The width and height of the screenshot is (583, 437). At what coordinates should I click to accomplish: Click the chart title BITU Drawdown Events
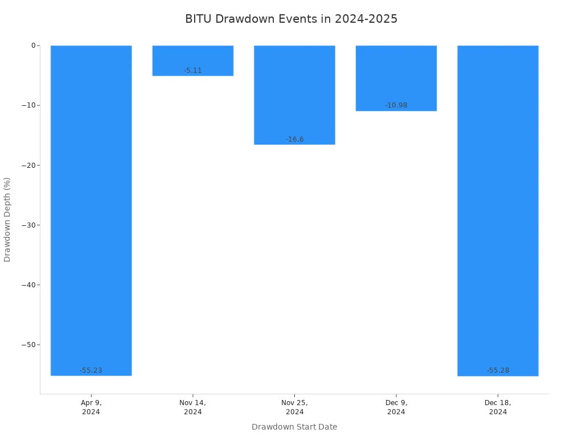[x=291, y=19]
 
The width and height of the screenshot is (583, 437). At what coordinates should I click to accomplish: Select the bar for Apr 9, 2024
[x=91, y=211]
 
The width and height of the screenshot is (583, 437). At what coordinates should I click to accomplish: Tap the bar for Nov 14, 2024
[x=193, y=60]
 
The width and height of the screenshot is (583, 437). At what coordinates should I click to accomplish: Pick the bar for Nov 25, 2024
[x=294, y=95]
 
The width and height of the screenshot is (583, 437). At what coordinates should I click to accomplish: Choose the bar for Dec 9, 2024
[x=396, y=78]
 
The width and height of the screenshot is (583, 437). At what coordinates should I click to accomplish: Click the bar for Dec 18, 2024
[x=498, y=211]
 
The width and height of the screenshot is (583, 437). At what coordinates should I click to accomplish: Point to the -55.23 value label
[x=91, y=370]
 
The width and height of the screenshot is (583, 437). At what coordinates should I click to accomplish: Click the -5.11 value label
[x=193, y=71]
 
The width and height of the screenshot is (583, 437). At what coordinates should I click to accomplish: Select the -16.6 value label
[x=294, y=139]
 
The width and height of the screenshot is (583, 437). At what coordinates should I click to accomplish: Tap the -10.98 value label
[x=396, y=105]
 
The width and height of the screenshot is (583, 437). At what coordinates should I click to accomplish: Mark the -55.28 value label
[x=498, y=370]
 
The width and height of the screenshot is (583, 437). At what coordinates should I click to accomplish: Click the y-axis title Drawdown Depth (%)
[x=7, y=220]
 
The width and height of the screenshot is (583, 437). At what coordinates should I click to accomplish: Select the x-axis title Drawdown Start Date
[x=294, y=427]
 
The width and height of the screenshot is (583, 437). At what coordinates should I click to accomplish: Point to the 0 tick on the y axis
[x=33, y=46]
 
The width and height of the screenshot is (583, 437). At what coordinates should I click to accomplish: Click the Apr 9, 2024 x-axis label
[x=91, y=407]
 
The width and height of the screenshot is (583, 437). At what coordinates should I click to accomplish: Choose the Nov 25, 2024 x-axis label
[x=294, y=407]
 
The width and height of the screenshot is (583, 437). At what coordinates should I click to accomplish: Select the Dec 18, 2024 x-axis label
[x=498, y=407]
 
